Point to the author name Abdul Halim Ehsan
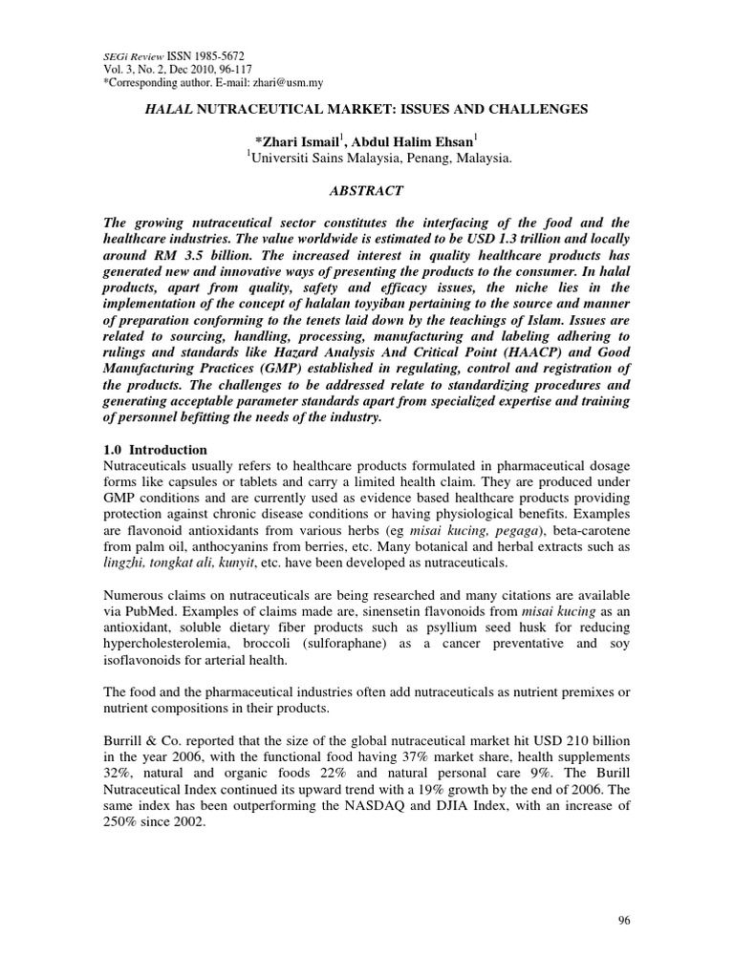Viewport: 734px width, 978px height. click(428, 141)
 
